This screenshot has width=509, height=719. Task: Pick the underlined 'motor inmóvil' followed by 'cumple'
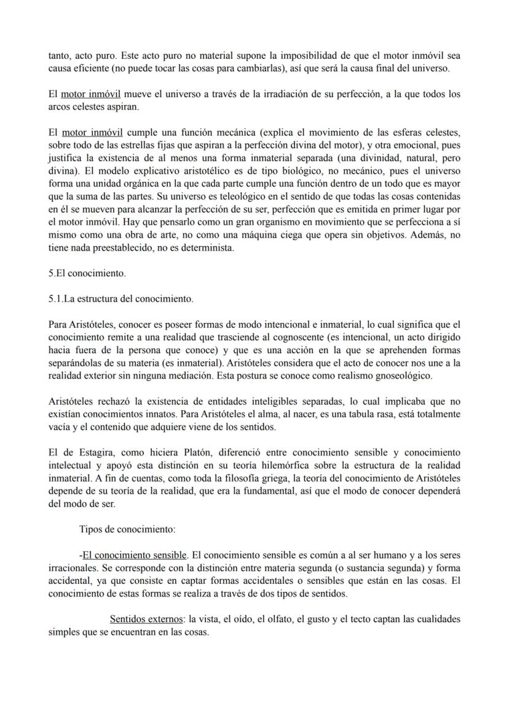[x=92, y=132]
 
